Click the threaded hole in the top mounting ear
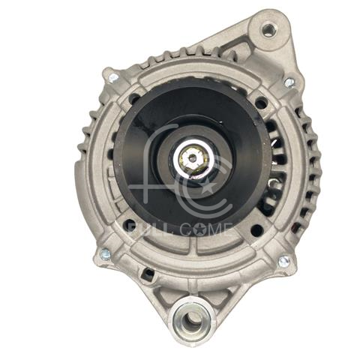pos(268,30)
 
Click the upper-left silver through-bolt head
pos(113,79)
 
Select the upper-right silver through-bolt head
pos(289,82)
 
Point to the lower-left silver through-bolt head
pos(105,254)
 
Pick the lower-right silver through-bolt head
pos(284,262)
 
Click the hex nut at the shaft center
pos(193,158)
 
